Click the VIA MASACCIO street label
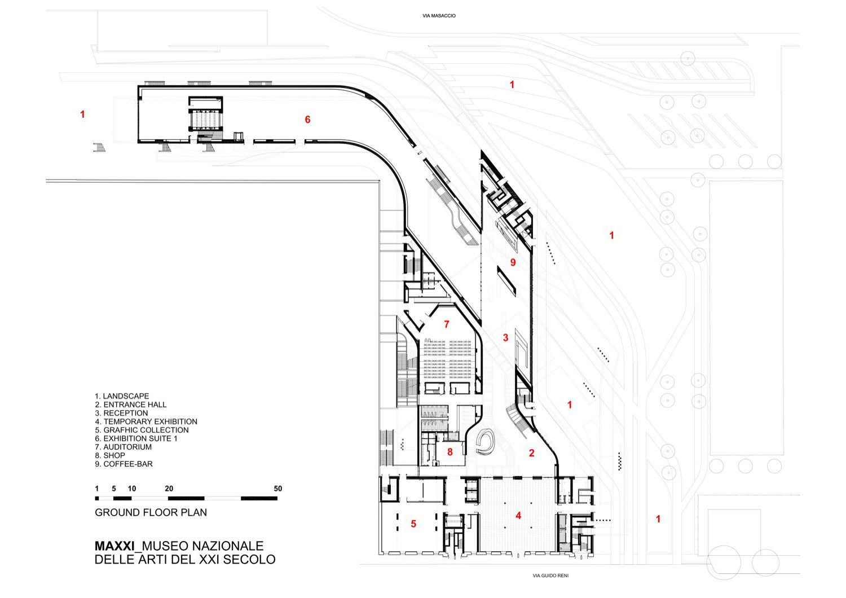tap(439, 16)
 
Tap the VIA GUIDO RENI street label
tap(554, 576)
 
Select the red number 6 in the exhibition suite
tap(307, 120)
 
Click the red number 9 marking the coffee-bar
tap(513, 262)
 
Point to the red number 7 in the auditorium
tap(447, 324)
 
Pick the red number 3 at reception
tap(505, 338)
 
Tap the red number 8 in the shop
tap(450, 451)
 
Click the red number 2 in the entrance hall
tap(531, 452)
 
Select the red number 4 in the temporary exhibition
tap(518, 515)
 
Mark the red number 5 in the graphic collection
tap(413, 524)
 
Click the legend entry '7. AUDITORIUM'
tap(123, 447)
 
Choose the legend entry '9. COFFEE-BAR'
tap(124, 464)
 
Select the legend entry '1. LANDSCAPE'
tap(122, 396)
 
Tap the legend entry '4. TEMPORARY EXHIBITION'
tap(146, 421)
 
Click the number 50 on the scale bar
tap(277, 489)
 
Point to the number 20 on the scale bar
tap(169, 489)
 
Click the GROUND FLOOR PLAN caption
tap(151, 513)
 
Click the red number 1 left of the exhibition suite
tap(82, 115)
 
